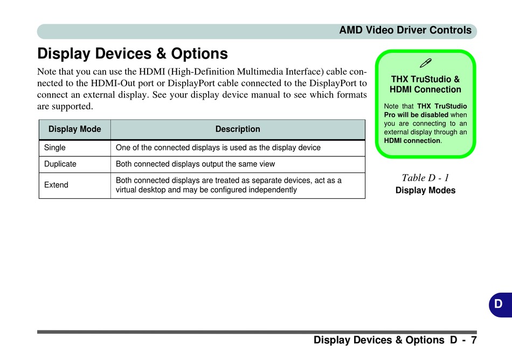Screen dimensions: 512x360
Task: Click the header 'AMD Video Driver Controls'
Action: pyautogui.click(x=405, y=30)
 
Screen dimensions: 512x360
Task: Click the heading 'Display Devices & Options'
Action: pyautogui.click(x=133, y=54)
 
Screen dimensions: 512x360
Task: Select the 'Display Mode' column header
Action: pyautogui.click(x=74, y=129)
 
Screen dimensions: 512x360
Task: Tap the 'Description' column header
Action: pyautogui.click(x=238, y=129)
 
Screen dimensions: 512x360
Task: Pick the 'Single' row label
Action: pyautogui.click(x=55, y=148)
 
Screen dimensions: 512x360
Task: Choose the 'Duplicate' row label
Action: pyautogui.click(x=60, y=164)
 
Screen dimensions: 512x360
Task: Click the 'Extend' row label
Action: pyautogui.click(x=56, y=185)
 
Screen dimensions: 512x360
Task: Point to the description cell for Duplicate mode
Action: pyautogui.click(x=195, y=164)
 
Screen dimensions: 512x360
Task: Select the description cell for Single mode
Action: pyautogui.click(x=218, y=148)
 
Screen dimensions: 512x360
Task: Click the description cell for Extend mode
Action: pyautogui.click(x=229, y=185)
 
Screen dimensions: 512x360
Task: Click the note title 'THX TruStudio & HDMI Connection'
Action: pyautogui.click(x=425, y=84)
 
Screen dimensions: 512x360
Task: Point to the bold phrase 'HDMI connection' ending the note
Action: pyautogui.click(x=412, y=141)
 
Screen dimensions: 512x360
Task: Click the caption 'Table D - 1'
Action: pyautogui.click(x=425, y=177)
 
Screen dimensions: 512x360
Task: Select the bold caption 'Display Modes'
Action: pyautogui.click(x=425, y=190)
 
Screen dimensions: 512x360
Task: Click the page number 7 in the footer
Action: pyautogui.click(x=473, y=340)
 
